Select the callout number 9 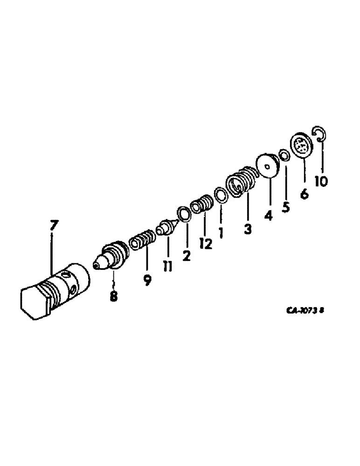(x=147, y=280)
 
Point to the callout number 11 (x=167, y=266)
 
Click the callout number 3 (x=247, y=229)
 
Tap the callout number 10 (x=320, y=180)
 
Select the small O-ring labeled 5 (x=284, y=155)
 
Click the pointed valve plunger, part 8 (x=112, y=257)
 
